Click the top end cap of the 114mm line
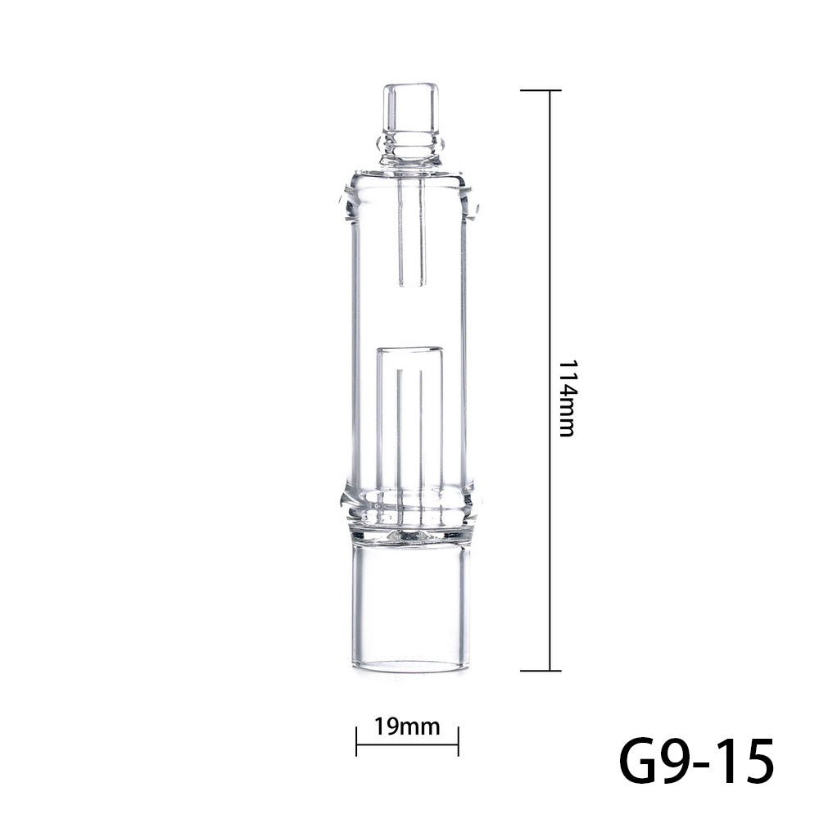click(549, 90)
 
